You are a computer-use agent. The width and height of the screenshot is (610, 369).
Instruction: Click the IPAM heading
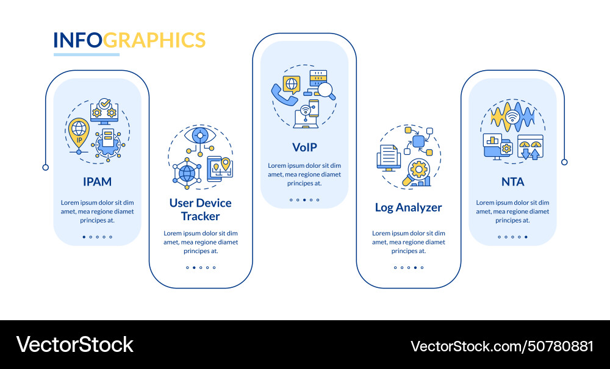click(97, 181)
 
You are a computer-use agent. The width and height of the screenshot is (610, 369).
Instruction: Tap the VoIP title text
click(304, 147)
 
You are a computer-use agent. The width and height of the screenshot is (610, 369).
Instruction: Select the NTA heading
click(512, 181)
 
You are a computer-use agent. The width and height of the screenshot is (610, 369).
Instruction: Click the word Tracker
click(200, 216)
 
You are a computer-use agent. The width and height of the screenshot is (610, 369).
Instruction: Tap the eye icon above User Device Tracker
click(200, 135)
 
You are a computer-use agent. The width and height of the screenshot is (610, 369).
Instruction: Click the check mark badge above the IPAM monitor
click(105, 103)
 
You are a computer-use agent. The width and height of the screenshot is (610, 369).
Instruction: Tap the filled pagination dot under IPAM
click(84, 237)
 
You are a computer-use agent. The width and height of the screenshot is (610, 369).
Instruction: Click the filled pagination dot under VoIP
click(311, 200)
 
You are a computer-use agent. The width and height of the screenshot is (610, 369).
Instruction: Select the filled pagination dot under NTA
click(526, 237)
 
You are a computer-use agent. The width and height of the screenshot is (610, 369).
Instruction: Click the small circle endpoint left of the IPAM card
click(45, 167)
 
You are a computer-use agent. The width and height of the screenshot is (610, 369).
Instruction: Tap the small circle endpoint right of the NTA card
click(564, 162)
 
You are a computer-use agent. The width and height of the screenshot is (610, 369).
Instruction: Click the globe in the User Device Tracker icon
click(187, 173)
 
